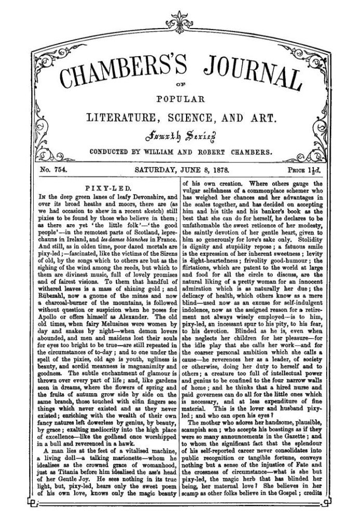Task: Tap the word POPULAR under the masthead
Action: [x=180, y=99]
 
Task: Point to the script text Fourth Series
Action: [x=180, y=136]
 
